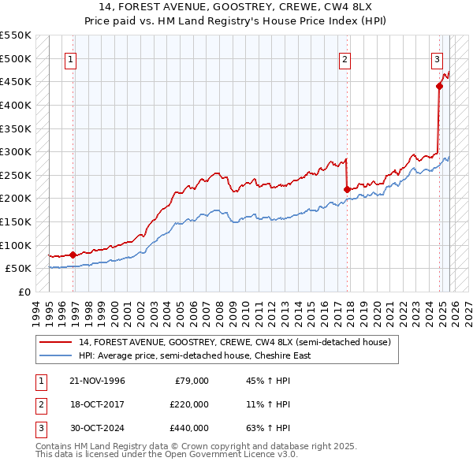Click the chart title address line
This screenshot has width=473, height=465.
click(x=236, y=9)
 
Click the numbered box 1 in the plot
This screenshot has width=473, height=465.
click(x=71, y=58)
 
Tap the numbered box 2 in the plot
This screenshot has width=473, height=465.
click(x=345, y=58)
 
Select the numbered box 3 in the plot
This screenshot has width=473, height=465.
click(x=437, y=58)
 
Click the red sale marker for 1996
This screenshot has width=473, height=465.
click(x=73, y=255)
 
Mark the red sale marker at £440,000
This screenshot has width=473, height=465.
click(x=439, y=87)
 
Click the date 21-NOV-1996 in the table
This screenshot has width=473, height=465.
click(x=97, y=381)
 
